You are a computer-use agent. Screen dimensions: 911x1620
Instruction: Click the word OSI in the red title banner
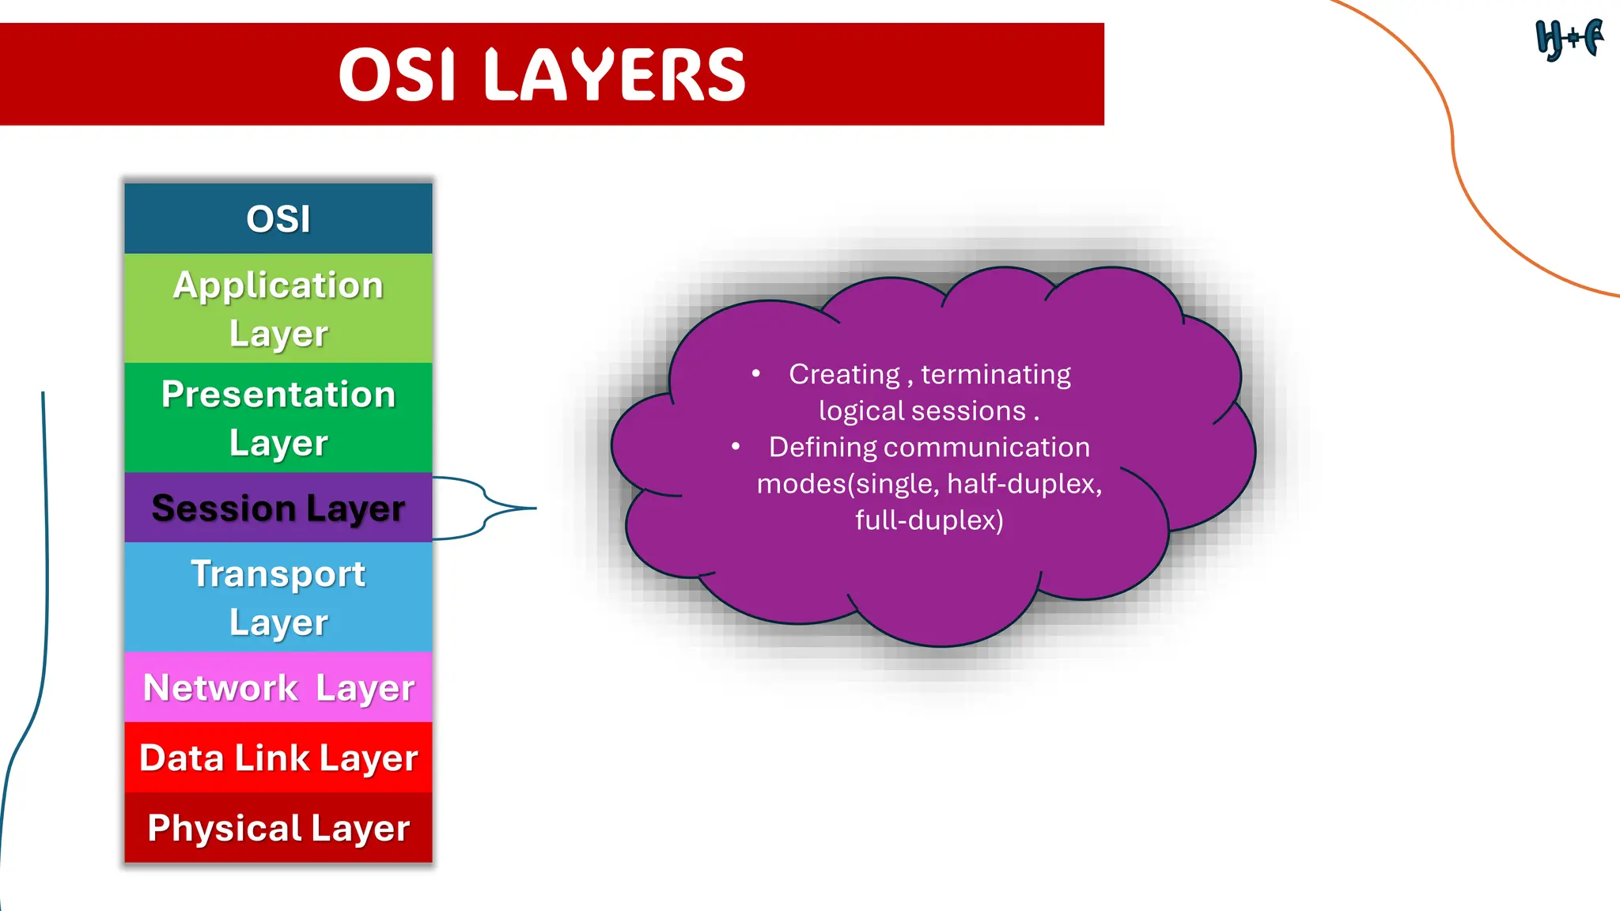[397, 75]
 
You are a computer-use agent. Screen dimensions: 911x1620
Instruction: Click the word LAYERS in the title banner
[615, 75]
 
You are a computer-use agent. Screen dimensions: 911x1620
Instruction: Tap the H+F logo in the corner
[1569, 39]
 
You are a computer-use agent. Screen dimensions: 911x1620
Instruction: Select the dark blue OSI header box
[278, 218]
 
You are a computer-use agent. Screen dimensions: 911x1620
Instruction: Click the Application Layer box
[278, 308]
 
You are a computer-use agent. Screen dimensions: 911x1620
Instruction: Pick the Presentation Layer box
[278, 418]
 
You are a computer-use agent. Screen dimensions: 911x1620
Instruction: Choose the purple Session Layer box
[278, 508]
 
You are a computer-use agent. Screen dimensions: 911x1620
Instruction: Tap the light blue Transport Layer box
[278, 597]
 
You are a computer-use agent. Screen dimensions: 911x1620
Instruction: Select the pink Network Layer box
[278, 687]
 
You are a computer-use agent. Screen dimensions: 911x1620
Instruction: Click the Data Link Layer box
[278, 758]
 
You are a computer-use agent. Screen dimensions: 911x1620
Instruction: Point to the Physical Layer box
[278, 828]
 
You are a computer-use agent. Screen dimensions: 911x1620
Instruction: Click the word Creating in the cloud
[844, 374]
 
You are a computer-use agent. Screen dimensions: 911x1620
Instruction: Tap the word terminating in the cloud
[995, 374]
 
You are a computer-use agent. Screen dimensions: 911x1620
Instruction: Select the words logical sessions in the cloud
[922, 410]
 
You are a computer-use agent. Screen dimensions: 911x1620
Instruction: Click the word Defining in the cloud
[823, 448]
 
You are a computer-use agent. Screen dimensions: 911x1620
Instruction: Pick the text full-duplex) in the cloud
[929, 520]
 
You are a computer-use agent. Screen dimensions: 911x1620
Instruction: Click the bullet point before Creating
[756, 373]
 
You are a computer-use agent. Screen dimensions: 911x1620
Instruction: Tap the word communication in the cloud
[986, 448]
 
